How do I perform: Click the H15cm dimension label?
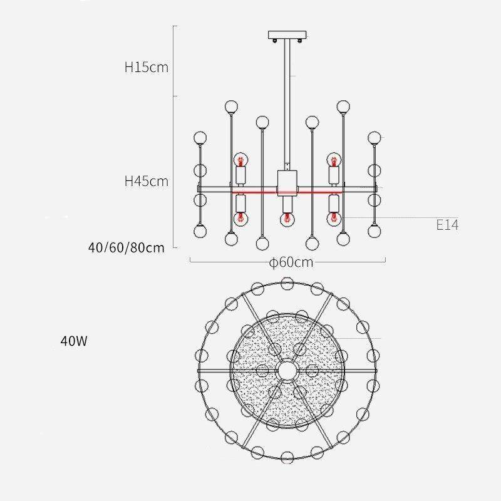click(x=147, y=68)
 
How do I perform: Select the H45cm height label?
click(x=147, y=181)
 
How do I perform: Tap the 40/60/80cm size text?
click(x=127, y=247)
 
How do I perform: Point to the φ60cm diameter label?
click(x=291, y=262)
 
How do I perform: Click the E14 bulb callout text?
click(x=447, y=225)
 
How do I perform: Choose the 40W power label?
click(x=74, y=341)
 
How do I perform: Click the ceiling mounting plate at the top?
click(x=287, y=34)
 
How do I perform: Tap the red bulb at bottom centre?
click(x=287, y=219)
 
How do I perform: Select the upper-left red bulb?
click(x=240, y=160)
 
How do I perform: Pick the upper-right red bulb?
click(x=334, y=160)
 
